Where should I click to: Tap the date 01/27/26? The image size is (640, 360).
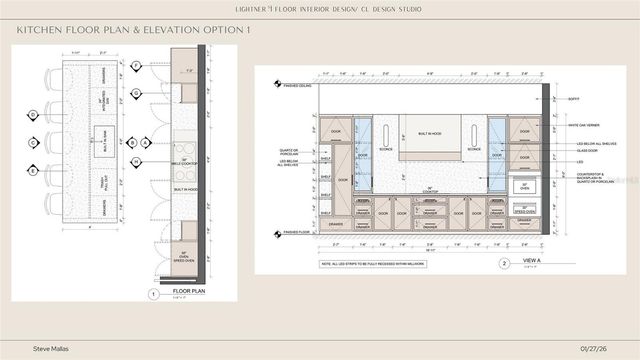[x=594, y=347]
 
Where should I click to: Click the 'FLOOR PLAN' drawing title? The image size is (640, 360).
[x=188, y=293]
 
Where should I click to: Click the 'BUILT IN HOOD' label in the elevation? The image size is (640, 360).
[x=430, y=133]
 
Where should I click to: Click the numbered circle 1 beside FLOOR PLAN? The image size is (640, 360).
[x=153, y=294]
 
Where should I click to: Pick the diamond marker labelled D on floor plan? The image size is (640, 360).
[x=33, y=116]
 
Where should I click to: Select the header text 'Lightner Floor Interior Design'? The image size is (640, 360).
[x=319, y=9]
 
